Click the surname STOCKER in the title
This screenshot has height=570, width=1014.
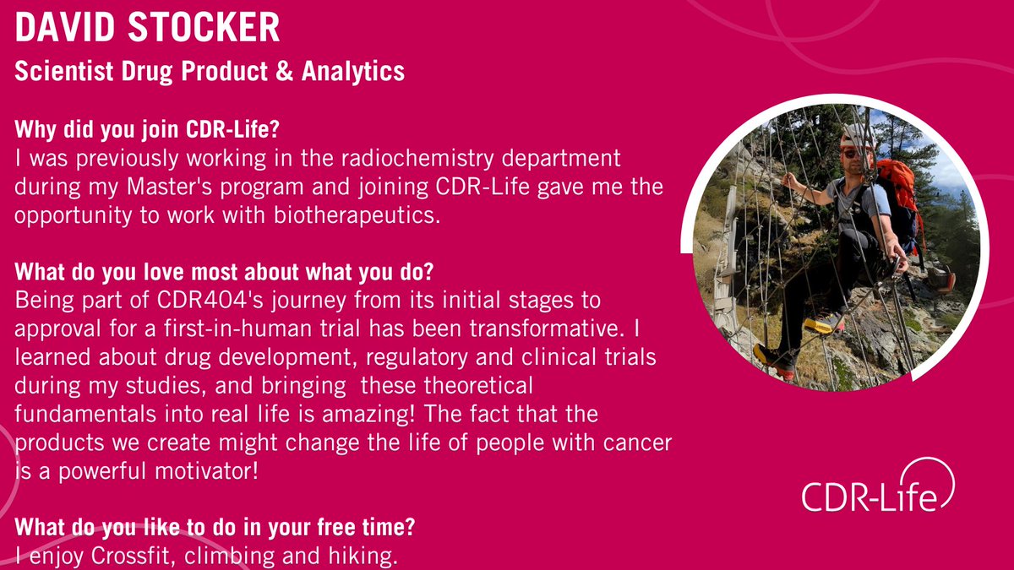207,28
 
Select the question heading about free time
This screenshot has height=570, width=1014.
214,529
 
